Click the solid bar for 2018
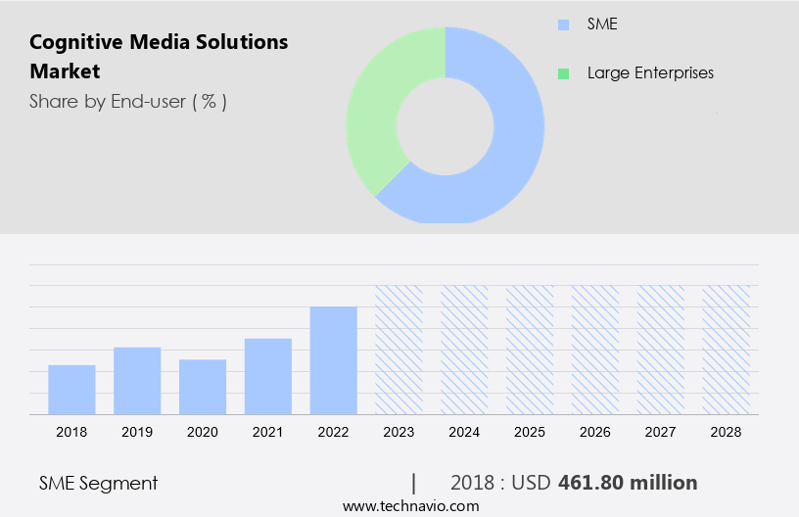(71, 390)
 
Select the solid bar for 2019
(137, 381)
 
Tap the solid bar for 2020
(203, 387)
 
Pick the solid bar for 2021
(268, 376)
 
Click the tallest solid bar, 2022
(334, 360)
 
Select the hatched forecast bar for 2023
(399, 350)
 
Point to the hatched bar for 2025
(530, 350)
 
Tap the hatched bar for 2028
(727, 350)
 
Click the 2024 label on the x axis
(464, 431)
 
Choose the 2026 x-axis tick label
(595, 431)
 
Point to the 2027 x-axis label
(661, 431)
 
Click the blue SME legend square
(563, 24)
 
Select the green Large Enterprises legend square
(563, 73)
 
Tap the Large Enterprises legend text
(650, 73)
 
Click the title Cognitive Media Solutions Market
(159, 56)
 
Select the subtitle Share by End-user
(128, 101)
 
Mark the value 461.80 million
(628, 483)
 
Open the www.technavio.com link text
(410, 505)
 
